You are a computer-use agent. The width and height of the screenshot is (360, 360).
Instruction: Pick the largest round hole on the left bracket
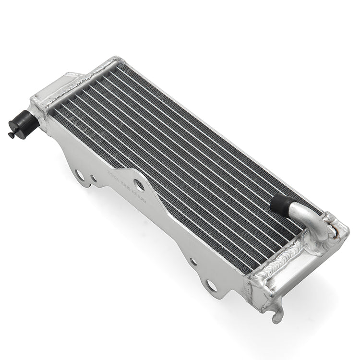pyautogui.click(x=80, y=175)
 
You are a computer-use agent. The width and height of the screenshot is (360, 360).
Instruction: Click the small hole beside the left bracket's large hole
pyautogui.click(x=93, y=179)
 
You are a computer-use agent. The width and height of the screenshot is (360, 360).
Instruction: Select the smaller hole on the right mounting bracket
pyautogui.click(x=192, y=262)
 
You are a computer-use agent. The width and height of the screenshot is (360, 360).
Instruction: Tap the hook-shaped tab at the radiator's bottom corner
pyautogui.click(x=277, y=314)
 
